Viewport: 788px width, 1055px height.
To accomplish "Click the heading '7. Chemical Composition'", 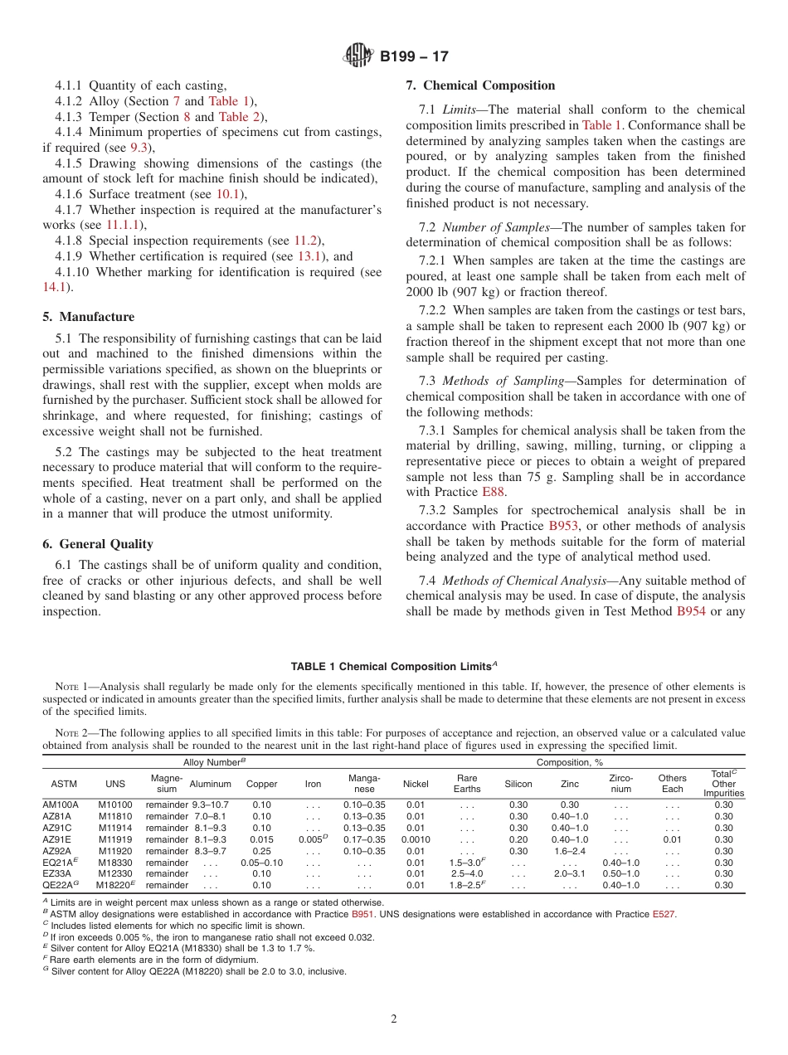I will click(480, 85).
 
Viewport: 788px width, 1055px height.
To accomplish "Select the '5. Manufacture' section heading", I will click(88, 317).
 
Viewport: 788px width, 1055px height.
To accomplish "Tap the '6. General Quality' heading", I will click(98, 544).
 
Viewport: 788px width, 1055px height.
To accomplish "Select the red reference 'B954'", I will click(692, 611).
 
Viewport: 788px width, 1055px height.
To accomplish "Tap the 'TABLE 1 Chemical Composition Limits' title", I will click(393, 667).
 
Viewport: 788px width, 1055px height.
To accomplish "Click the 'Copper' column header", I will click(262, 784).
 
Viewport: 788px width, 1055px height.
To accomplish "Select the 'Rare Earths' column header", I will click(467, 784).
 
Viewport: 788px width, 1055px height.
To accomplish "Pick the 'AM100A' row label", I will click(60, 805).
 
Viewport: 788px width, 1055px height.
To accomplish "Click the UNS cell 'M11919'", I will click(114, 839).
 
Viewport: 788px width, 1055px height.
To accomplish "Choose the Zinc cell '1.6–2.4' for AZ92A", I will click(570, 851).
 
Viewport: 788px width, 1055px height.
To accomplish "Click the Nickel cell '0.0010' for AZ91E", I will click(416, 839).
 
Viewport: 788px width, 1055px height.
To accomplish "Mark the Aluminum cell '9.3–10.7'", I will click(210, 805).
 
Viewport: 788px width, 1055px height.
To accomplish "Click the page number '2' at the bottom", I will click(394, 1019).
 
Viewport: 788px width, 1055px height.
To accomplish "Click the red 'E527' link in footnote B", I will click(663, 914).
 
